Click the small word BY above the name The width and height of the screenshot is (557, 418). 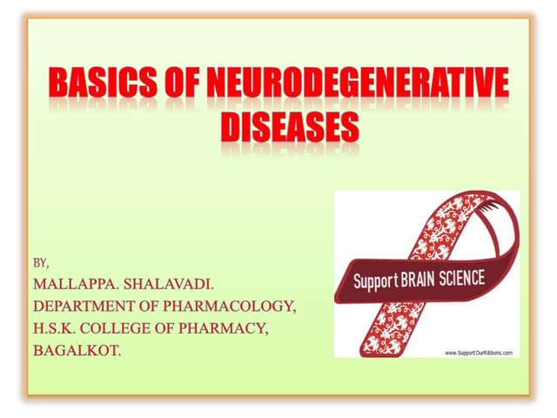click(x=41, y=261)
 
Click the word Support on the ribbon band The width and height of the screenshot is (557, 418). click(x=374, y=283)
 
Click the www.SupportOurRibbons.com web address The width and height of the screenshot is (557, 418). click(x=478, y=352)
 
